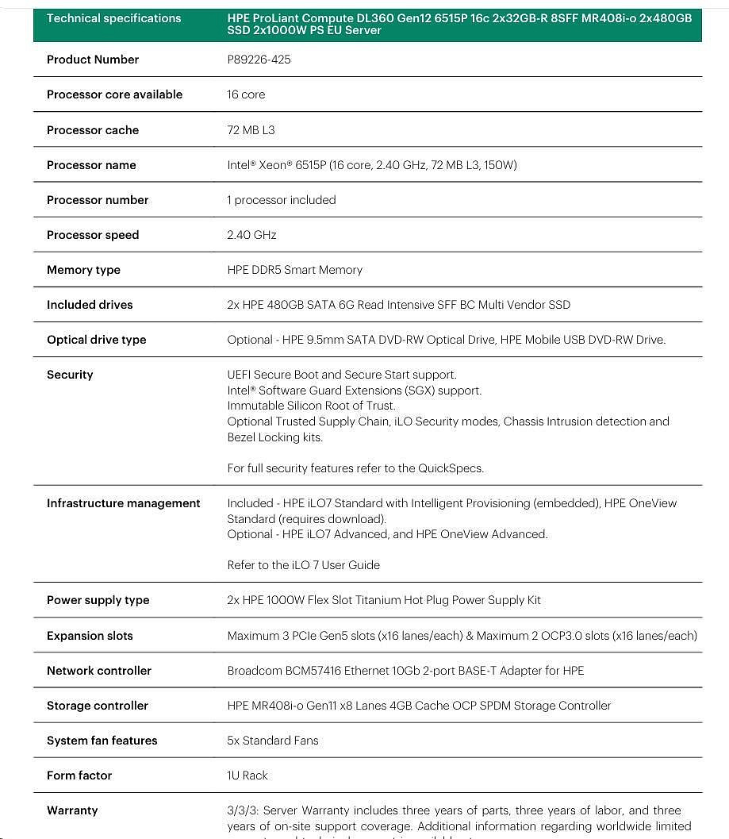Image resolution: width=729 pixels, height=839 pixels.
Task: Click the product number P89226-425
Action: [x=259, y=60]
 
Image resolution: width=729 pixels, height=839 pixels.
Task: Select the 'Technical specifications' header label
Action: [x=113, y=18]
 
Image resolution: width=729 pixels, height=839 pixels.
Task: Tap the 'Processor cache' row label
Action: [x=92, y=130]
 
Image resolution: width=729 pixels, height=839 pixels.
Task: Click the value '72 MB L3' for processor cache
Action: [x=251, y=130]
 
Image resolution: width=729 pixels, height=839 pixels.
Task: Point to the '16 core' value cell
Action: [x=246, y=94]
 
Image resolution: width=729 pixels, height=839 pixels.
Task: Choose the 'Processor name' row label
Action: [x=91, y=165]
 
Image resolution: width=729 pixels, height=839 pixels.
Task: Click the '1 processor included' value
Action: [x=281, y=200]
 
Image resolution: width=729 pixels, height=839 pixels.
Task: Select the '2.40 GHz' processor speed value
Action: [x=251, y=235]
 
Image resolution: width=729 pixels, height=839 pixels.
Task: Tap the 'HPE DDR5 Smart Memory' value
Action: [x=294, y=270]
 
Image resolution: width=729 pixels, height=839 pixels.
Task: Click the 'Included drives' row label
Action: [x=90, y=305]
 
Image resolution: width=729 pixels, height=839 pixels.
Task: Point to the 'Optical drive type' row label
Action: [x=96, y=340]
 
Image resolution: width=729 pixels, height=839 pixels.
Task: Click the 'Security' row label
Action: [x=70, y=375]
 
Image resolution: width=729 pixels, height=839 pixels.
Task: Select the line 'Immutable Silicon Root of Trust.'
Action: [x=311, y=406]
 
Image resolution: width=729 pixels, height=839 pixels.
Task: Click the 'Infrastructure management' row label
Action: [x=123, y=503]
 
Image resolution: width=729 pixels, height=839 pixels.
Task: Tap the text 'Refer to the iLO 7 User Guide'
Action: [x=303, y=565]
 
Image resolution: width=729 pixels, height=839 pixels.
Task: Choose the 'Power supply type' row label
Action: [x=98, y=600]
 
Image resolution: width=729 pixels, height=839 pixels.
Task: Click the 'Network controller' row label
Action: [x=98, y=671]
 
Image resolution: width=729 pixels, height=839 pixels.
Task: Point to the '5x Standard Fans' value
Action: [x=272, y=741]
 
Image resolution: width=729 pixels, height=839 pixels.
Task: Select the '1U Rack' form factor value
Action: [x=247, y=775]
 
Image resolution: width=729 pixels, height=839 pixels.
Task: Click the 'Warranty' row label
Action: [x=72, y=810]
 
